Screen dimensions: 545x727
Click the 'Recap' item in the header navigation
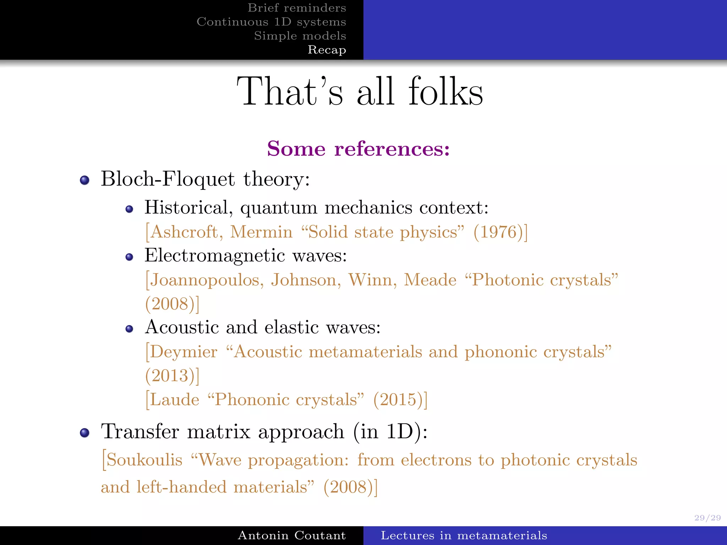(x=327, y=50)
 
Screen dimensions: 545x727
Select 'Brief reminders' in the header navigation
(x=297, y=8)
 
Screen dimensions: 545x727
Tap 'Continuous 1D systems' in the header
(x=271, y=22)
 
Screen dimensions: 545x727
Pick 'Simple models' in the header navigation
(x=300, y=36)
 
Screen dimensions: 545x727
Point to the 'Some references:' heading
(x=359, y=148)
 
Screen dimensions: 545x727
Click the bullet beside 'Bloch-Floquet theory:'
(x=84, y=180)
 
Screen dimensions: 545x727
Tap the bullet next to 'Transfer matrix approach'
(x=84, y=433)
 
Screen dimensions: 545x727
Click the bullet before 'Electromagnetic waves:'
(x=130, y=257)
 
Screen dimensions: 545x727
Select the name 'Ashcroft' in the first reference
(x=184, y=232)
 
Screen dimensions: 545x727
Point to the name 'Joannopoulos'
(x=207, y=280)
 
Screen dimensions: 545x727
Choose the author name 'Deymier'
(x=184, y=352)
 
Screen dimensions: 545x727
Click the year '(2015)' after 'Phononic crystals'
(x=398, y=400)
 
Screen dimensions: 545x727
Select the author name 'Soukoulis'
(x=144, y=460)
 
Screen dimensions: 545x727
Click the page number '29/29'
(x=707, y=518)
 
